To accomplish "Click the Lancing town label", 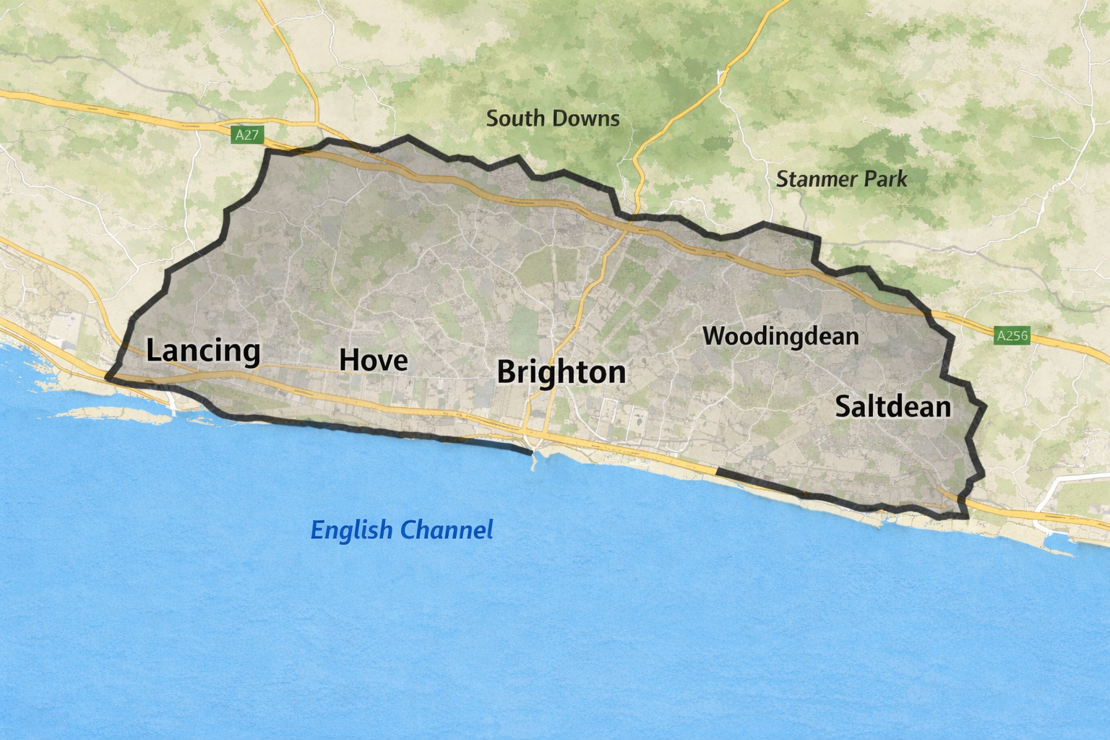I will click(203, 350).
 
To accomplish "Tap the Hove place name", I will click(374, 360).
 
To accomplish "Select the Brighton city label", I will click(562, 372).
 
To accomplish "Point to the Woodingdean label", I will click(780, 336).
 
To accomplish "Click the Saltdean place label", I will click(893, 407).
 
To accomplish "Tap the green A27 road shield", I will click(246, 135).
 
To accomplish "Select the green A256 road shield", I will click(1012, 335).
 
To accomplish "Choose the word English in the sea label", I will click(351, 530).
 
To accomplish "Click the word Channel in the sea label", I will click(447, 530).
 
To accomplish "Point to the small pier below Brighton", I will click(534, 460).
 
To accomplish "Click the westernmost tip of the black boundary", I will click(108, 377).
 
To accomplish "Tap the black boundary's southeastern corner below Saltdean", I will click(966, 516).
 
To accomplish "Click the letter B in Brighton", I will click(507, 372).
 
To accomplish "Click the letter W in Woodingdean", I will click(713, 336).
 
